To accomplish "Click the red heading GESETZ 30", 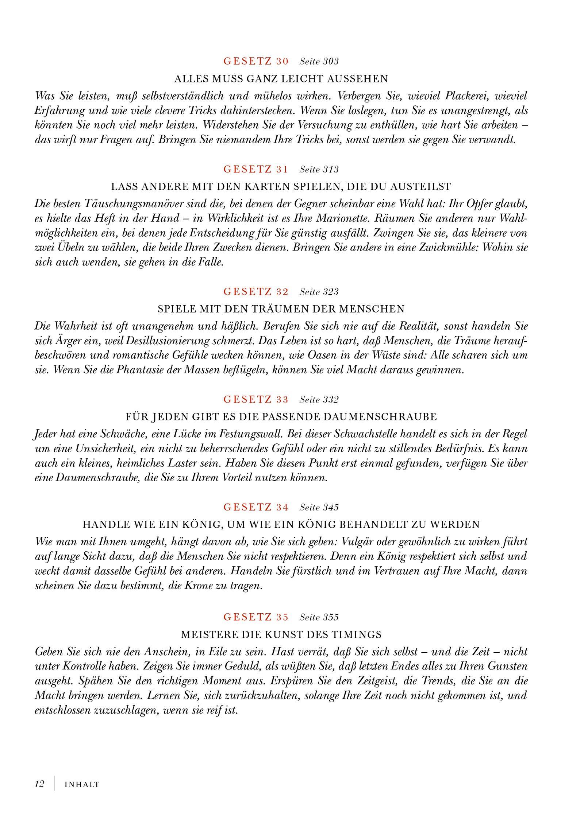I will point(256,61).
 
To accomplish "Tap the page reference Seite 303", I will point(319,61).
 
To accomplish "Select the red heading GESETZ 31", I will point(256,169).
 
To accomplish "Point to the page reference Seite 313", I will point(319,169).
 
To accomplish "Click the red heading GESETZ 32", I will point(256,292).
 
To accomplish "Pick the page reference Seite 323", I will point(319,292).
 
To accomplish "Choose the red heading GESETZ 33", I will point(256,400).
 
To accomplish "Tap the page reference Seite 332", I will point(319,400).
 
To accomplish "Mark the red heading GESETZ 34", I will point(256,507).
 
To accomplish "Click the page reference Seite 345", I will point(319,507).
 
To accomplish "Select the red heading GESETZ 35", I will point(256,617).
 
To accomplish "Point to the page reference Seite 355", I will point(319,617).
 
